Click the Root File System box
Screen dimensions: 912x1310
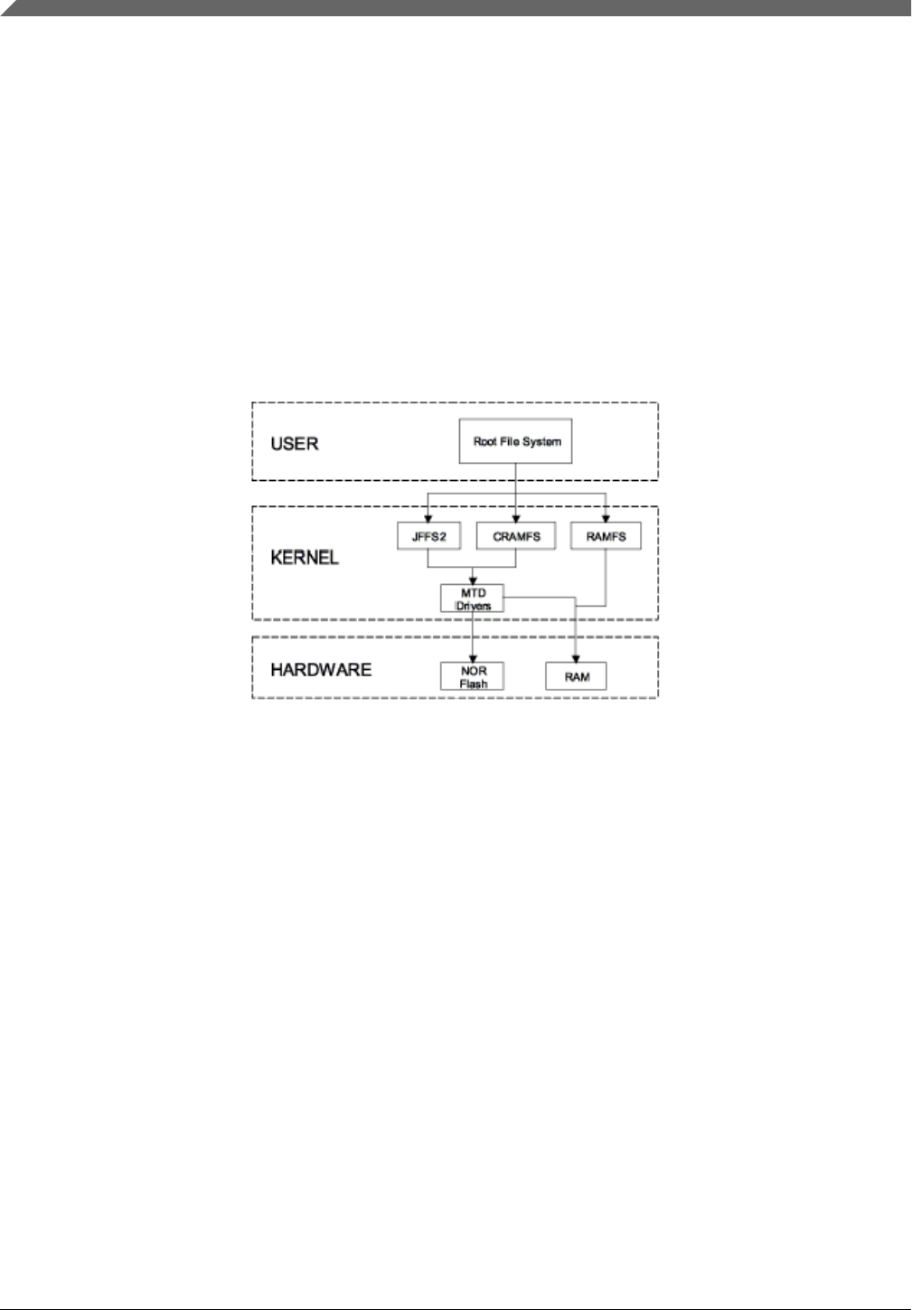tap(515, 441)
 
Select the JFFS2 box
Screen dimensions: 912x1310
tap(428, 536)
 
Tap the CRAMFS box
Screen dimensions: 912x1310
tap(516, 536)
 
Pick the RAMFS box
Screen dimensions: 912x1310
tap(606, 536)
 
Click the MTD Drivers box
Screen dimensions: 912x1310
tap(473, 598)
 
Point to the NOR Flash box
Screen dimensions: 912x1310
tap(473, 676)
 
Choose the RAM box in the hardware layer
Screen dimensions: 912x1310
tap(577, 676)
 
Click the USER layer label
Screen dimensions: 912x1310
tap(295, 444)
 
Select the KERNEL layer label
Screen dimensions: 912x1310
tap(305, 557)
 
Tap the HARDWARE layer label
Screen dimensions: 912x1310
tap(321, 670)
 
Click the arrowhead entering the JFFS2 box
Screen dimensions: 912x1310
tap(428, 519)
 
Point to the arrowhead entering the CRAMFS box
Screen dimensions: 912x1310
tap(516, 519)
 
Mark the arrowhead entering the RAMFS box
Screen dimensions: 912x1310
tap(606, 519)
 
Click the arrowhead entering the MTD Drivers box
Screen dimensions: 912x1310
tap(473, 580)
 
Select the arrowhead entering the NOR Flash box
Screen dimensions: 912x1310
tap(473, 659)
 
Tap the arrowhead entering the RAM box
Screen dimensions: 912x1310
tap(577, 659)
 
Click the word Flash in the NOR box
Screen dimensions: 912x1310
tap(473, 683)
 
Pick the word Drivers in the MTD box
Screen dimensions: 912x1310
tap(473, 606)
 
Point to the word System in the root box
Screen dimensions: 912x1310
tap(542, 441)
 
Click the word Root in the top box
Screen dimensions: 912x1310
tap(487, 441)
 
